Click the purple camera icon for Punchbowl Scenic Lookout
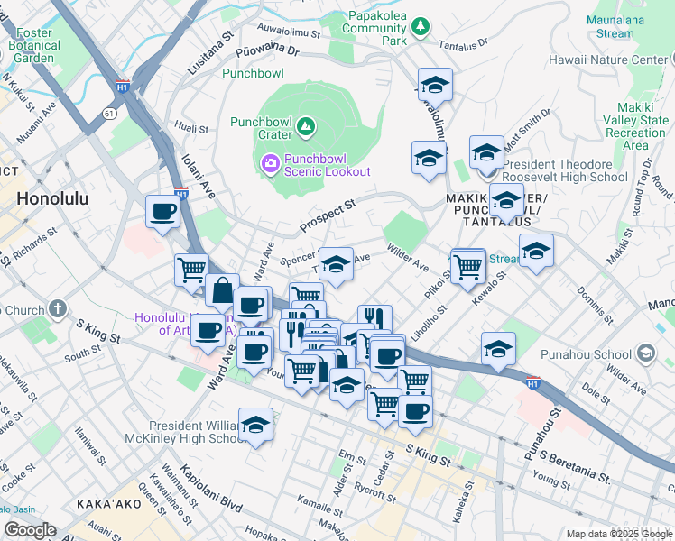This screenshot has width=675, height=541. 269,163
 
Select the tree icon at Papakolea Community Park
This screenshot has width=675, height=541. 419,27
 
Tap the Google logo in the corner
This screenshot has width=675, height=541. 30,530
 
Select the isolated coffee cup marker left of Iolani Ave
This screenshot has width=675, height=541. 163,213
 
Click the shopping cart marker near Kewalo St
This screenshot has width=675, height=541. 467,266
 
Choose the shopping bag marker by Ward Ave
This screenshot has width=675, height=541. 222,291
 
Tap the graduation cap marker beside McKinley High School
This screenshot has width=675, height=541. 256,425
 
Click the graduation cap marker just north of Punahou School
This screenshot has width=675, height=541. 498,348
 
